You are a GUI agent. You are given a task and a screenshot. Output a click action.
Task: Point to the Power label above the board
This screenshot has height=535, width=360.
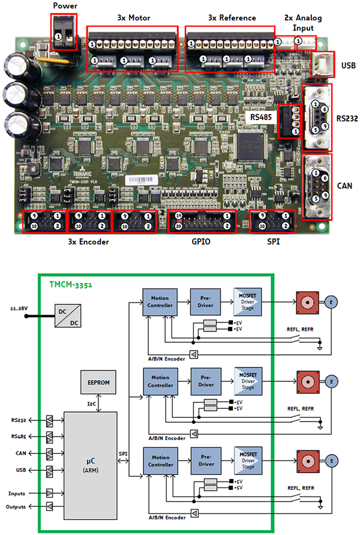(65, 6)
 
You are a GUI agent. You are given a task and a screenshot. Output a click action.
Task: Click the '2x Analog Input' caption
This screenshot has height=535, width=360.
(303, 22)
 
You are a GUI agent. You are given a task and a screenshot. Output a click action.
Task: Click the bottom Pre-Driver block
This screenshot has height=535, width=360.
(205, 460)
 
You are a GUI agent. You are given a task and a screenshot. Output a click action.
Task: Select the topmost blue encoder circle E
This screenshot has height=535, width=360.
(331, 301)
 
